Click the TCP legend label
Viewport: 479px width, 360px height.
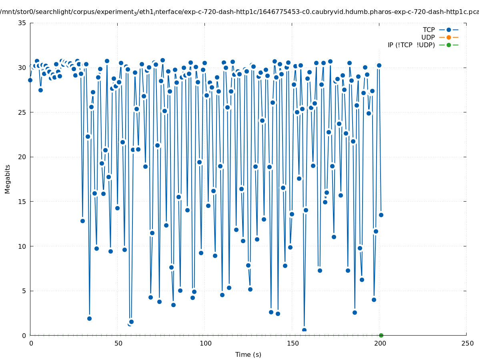tap(429, 30)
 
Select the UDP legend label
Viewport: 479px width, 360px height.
tap(428, 37)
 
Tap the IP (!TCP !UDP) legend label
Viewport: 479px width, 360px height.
tap(411, 45)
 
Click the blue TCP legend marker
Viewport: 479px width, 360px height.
tap(449, 30)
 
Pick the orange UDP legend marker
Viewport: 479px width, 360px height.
tap(449, 37)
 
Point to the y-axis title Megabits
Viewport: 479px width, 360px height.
tap(8, 179)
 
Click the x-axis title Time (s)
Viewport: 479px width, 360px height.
tap(248, 354)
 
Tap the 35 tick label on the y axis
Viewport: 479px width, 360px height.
tap(22, 23)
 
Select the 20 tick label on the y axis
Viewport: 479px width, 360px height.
tap(22, 157)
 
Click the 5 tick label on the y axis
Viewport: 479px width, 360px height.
tap(24, 291)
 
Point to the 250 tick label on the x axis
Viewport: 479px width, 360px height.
tap(467, 343)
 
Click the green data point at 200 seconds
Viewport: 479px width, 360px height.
tap(381, 335)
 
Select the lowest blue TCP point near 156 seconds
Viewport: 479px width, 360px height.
tap(304, 330)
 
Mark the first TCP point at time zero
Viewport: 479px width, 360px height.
tap(30, 80)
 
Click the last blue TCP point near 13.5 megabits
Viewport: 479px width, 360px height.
tap(381, 215)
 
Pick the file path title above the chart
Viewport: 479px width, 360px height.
tap(239, 12)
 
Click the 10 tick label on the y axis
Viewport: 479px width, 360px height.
tap(22, 246)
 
